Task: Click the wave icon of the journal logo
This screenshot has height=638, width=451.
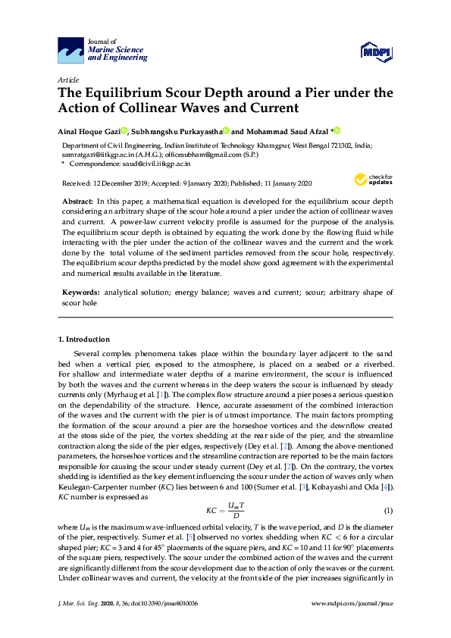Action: click(70, 52)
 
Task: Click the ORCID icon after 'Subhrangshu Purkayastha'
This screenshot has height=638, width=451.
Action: click(225, 131)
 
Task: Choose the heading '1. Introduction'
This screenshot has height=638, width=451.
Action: click(83, 339)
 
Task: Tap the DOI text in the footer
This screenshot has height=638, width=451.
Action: click(173, 624)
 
